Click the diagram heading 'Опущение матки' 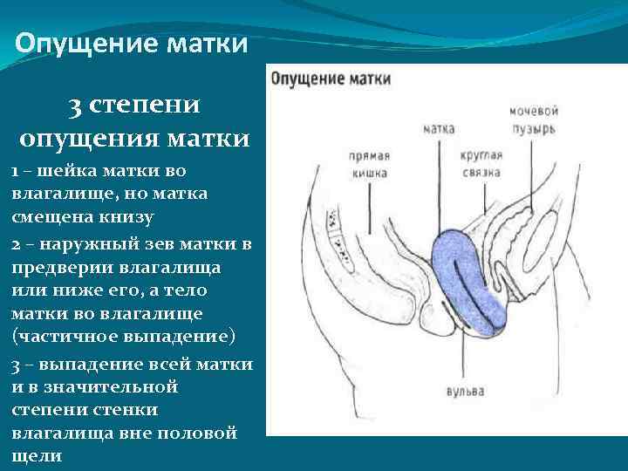331,78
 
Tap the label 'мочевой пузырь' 533,120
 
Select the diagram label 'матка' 439,128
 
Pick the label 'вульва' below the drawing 464,392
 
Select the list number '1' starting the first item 16,170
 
